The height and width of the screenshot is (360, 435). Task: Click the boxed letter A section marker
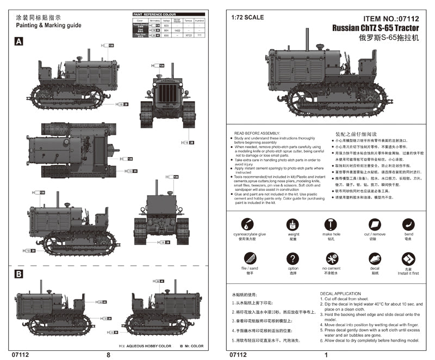click(18, 41)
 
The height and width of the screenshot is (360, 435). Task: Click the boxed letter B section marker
click(18, 274)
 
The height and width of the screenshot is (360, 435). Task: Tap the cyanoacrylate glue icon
click(247, 224)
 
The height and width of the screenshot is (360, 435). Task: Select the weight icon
click(293, 224)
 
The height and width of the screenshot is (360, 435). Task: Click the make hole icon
click(331, 224)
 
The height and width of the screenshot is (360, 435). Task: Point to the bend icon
click(408, 224)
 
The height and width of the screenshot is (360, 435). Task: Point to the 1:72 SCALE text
click(247, 17)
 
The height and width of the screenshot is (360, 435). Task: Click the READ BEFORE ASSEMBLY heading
click(257, 133)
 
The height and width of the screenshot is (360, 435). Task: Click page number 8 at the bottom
click(108, 355)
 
